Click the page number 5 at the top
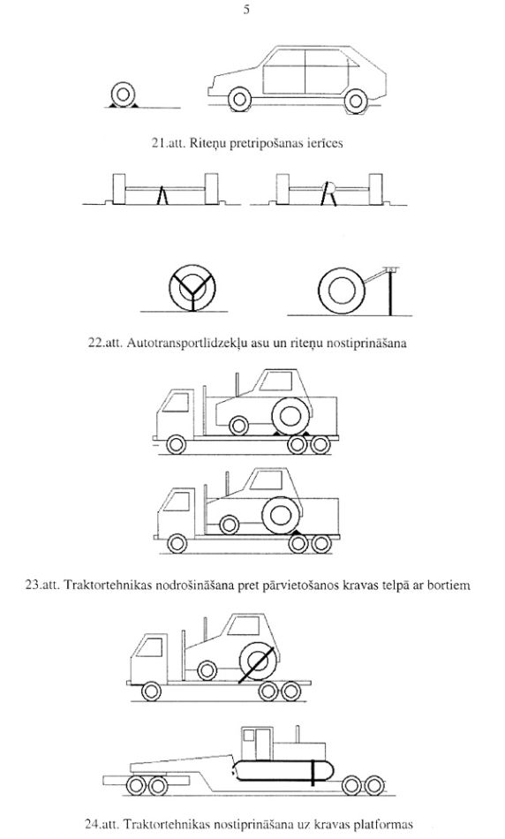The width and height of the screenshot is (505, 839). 246,11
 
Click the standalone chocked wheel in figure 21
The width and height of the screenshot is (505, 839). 123,95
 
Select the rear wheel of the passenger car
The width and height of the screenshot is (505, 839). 356,101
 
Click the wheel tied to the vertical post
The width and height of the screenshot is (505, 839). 340,291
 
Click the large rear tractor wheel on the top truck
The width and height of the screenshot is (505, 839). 292,416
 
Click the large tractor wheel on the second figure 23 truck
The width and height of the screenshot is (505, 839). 282,515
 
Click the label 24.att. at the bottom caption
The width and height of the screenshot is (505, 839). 102,824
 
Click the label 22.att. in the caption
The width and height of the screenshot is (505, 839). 105,343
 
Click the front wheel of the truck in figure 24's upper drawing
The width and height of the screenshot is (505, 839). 152,692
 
